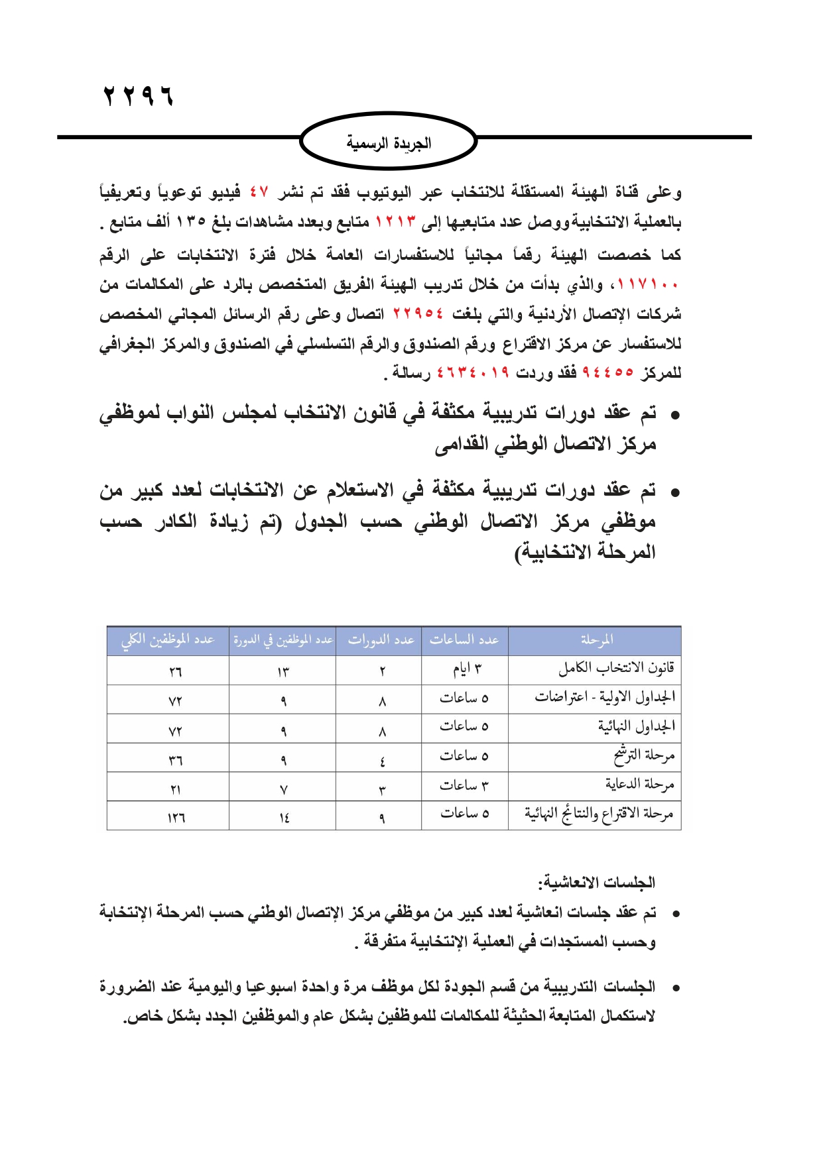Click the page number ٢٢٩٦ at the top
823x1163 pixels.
(139, 97)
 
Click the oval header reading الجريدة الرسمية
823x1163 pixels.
(389, 142)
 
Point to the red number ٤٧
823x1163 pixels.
(259, 193)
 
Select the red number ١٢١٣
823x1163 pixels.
(396, 222)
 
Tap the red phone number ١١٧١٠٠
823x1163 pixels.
(648, 285)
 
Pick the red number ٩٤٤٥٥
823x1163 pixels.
(607, 373)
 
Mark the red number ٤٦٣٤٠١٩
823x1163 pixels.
(473, 373)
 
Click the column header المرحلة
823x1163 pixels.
(596, 640)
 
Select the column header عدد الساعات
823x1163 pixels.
(464, 640)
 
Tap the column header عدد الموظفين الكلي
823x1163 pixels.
(168, 640)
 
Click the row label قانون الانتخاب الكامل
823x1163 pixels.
(616, 668)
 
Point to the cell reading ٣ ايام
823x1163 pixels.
(467, 670)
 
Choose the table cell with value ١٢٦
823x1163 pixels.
(176, 818)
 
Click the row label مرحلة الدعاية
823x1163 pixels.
(639, 785)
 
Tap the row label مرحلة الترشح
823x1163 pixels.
(643, 755)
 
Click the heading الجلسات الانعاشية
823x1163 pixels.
(596, 883)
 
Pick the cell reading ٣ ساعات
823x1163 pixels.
(464, 786)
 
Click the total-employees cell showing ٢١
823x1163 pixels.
(175, 789)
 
